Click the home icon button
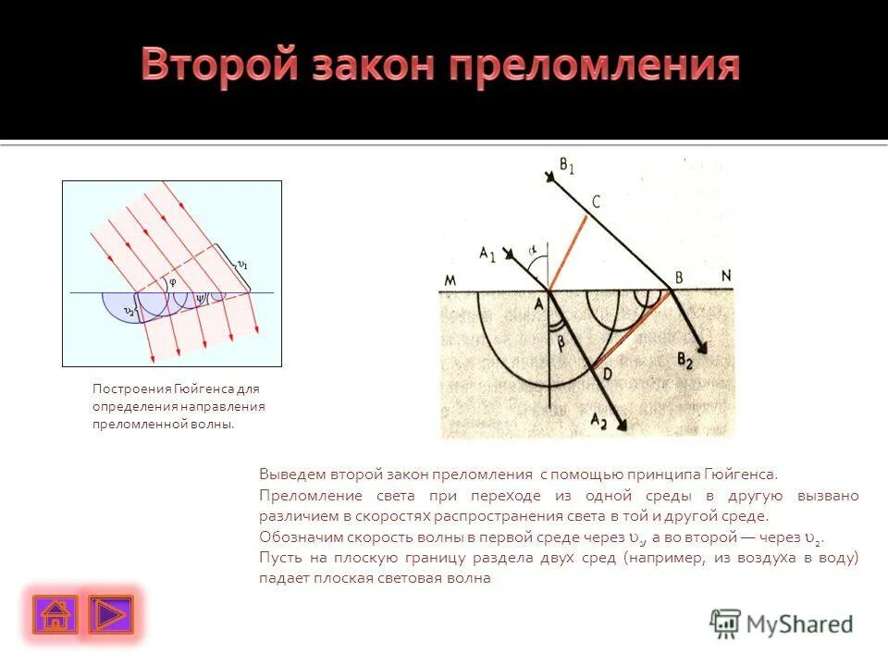pyautogui.click(x=55, y=614)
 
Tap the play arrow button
pyautogui.click(x=111, y=614)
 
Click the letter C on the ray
pyautogui.click(x=596, y=202)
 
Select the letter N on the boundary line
pyautogui.click(x=725, y=276)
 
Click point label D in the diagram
pyautogui.click(x=607, y=374)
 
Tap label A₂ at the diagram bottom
pyautogui.click(x=599, y=421)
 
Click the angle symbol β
pyautogui.click(x=561, y=343)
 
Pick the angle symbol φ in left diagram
pyautogui.click(x=171, y=283)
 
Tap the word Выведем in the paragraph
pyautogui.click(x=290, y=473)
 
